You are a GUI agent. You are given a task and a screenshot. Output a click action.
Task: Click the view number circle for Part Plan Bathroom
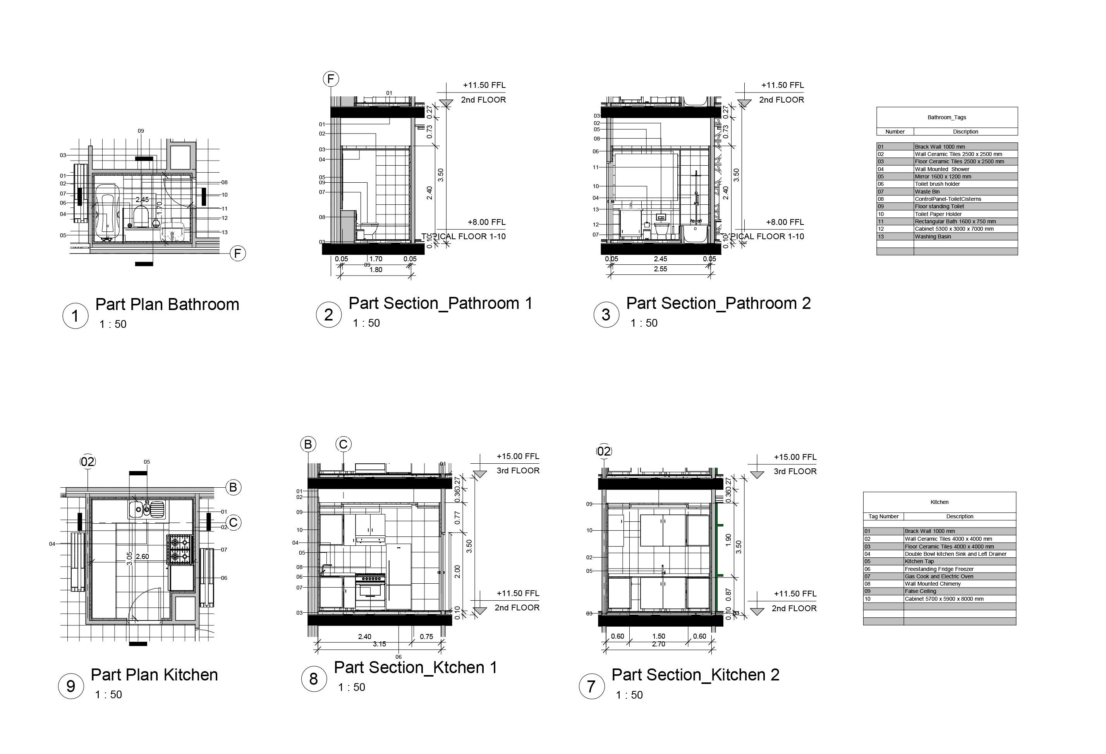(75, 316)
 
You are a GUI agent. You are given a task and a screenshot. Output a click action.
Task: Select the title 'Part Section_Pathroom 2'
(718, 303)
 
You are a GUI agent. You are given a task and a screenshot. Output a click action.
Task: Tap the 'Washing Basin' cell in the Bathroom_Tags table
(933, 236)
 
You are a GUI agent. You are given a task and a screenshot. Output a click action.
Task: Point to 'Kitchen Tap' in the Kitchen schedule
(919, 561)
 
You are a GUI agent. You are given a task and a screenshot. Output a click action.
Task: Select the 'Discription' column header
(965, 132)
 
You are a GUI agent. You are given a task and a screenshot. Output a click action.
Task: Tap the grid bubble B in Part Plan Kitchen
(233, 488)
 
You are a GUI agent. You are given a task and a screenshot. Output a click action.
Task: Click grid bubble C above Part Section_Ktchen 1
(343, 444)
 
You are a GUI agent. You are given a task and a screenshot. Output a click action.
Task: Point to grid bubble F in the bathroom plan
(238, 254)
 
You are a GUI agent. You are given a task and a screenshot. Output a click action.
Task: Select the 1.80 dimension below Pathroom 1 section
(376, 270)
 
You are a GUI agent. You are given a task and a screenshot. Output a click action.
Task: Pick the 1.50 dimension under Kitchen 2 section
(659, 636)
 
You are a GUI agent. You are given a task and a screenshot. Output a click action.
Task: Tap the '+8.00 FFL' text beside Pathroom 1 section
(486, 222)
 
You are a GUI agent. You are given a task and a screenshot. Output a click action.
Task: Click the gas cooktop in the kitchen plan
(180, 549)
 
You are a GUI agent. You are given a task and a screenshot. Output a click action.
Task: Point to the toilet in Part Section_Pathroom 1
(368, 230)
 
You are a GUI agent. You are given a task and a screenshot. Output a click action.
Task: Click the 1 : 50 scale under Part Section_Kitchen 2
(629, 695)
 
